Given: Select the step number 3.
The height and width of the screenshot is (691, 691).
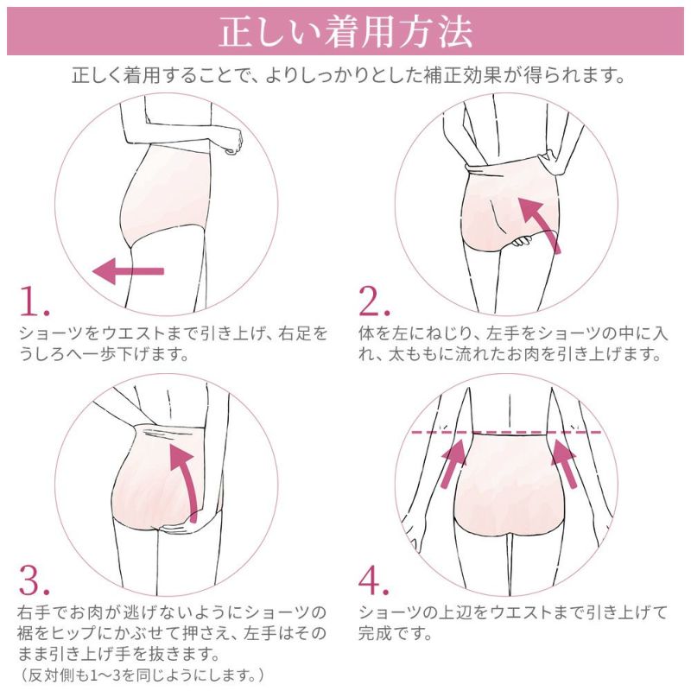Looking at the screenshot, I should tap(34, 582).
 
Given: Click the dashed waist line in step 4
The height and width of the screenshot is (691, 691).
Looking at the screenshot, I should tap(510, 431).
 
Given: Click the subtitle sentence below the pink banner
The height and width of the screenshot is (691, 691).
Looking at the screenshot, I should tap(345, 76).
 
